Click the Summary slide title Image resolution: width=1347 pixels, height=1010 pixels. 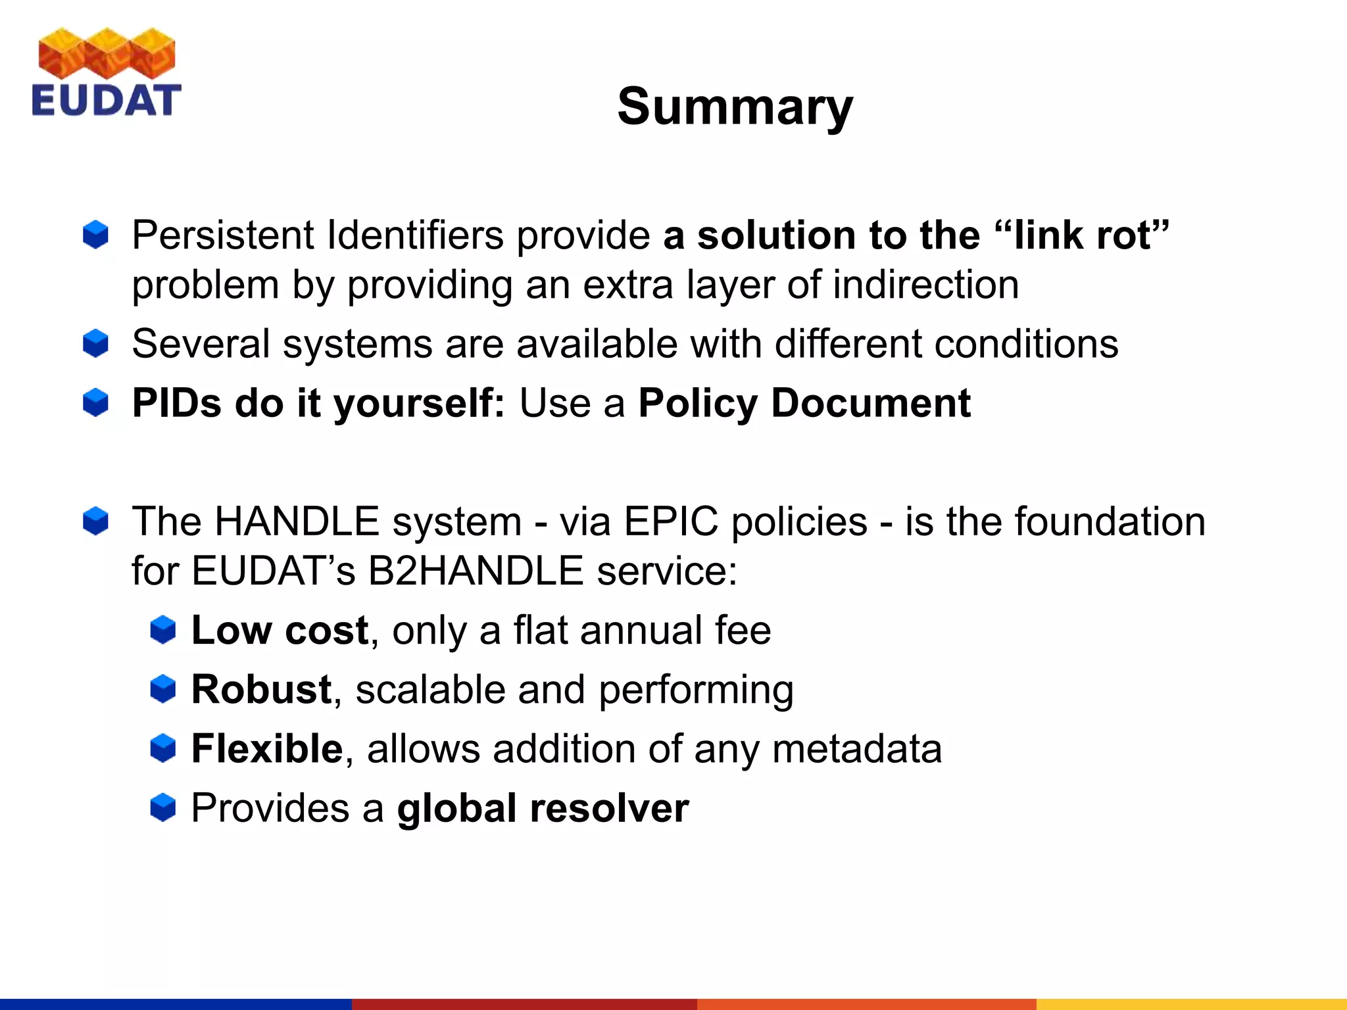point(735,107)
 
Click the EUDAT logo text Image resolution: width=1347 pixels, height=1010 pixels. point(106,101)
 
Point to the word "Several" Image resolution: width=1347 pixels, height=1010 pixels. point(201,344)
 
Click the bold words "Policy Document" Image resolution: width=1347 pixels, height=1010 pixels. point(804,403)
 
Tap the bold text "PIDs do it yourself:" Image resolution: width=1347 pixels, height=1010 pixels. point(318,403)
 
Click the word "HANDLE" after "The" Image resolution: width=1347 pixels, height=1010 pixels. point(297,521)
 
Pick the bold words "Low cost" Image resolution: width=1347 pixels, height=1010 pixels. point(280,630)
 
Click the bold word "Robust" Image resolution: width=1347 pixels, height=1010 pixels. point(261,689)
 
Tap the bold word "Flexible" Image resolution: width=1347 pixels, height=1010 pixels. point(267,748)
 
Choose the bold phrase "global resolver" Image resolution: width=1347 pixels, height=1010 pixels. point(543,807)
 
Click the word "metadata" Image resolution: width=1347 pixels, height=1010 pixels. point(856,748)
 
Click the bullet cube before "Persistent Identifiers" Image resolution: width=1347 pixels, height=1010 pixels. point(96,235)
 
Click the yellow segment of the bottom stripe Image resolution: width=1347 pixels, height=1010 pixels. point(1191,1004)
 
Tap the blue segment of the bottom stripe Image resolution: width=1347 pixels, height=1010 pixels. point(176,1004)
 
